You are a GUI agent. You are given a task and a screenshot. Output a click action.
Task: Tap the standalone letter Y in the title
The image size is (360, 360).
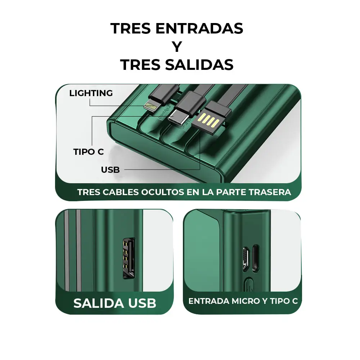[x=176, y=47]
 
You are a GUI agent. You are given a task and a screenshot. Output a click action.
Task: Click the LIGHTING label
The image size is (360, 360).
[x=91, y=93]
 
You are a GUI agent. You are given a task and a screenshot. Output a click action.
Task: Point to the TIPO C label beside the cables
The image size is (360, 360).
[x=89, y=152]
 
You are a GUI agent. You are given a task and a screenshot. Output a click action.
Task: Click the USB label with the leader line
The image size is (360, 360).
[x=110, y=170]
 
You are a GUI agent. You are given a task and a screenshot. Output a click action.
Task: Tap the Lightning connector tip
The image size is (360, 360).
[x=150, y=106]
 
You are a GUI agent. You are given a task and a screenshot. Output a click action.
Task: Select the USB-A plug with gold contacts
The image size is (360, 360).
[x=209, y=119]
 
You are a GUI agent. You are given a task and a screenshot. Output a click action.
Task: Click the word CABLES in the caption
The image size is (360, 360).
[x=121, y=192]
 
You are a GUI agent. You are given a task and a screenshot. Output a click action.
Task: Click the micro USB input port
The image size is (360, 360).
[x=246, y=258]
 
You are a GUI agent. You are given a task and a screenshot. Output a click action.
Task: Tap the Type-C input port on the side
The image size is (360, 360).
[x=256, y=258]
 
